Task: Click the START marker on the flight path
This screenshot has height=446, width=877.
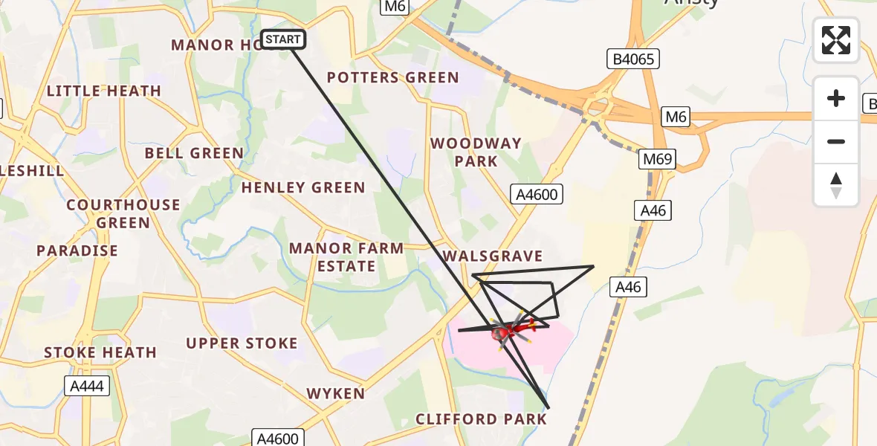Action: [x=283, y=39]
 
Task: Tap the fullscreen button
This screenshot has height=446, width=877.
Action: [x=836, y=40]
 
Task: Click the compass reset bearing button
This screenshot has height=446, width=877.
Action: [x=836, y=185]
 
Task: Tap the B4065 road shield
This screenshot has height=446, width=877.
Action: [x=632, y=59]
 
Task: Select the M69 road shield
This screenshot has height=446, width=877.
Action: [x=658, y=160]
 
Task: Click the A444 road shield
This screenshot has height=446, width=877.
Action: [x=87, y=386]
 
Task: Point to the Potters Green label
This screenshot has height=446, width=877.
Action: [x=392, y=77]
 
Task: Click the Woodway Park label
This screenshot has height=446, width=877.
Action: [x=476, y=152]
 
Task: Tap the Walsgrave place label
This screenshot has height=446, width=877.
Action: [x=493, y=256]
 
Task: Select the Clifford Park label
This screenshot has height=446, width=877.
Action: [x=481, y=419]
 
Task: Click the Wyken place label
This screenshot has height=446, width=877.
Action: [x=336, y=393]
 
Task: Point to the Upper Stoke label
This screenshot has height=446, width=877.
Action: [x=242, y=343]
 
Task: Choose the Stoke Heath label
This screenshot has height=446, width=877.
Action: [x=100, y=352]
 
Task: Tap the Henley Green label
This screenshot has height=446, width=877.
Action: [x=303, y=187]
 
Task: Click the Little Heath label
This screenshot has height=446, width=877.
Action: [x=104, y=91]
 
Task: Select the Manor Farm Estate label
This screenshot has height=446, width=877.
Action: [x=346, y=256]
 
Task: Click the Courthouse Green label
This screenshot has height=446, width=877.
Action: [x=123, y=213]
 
